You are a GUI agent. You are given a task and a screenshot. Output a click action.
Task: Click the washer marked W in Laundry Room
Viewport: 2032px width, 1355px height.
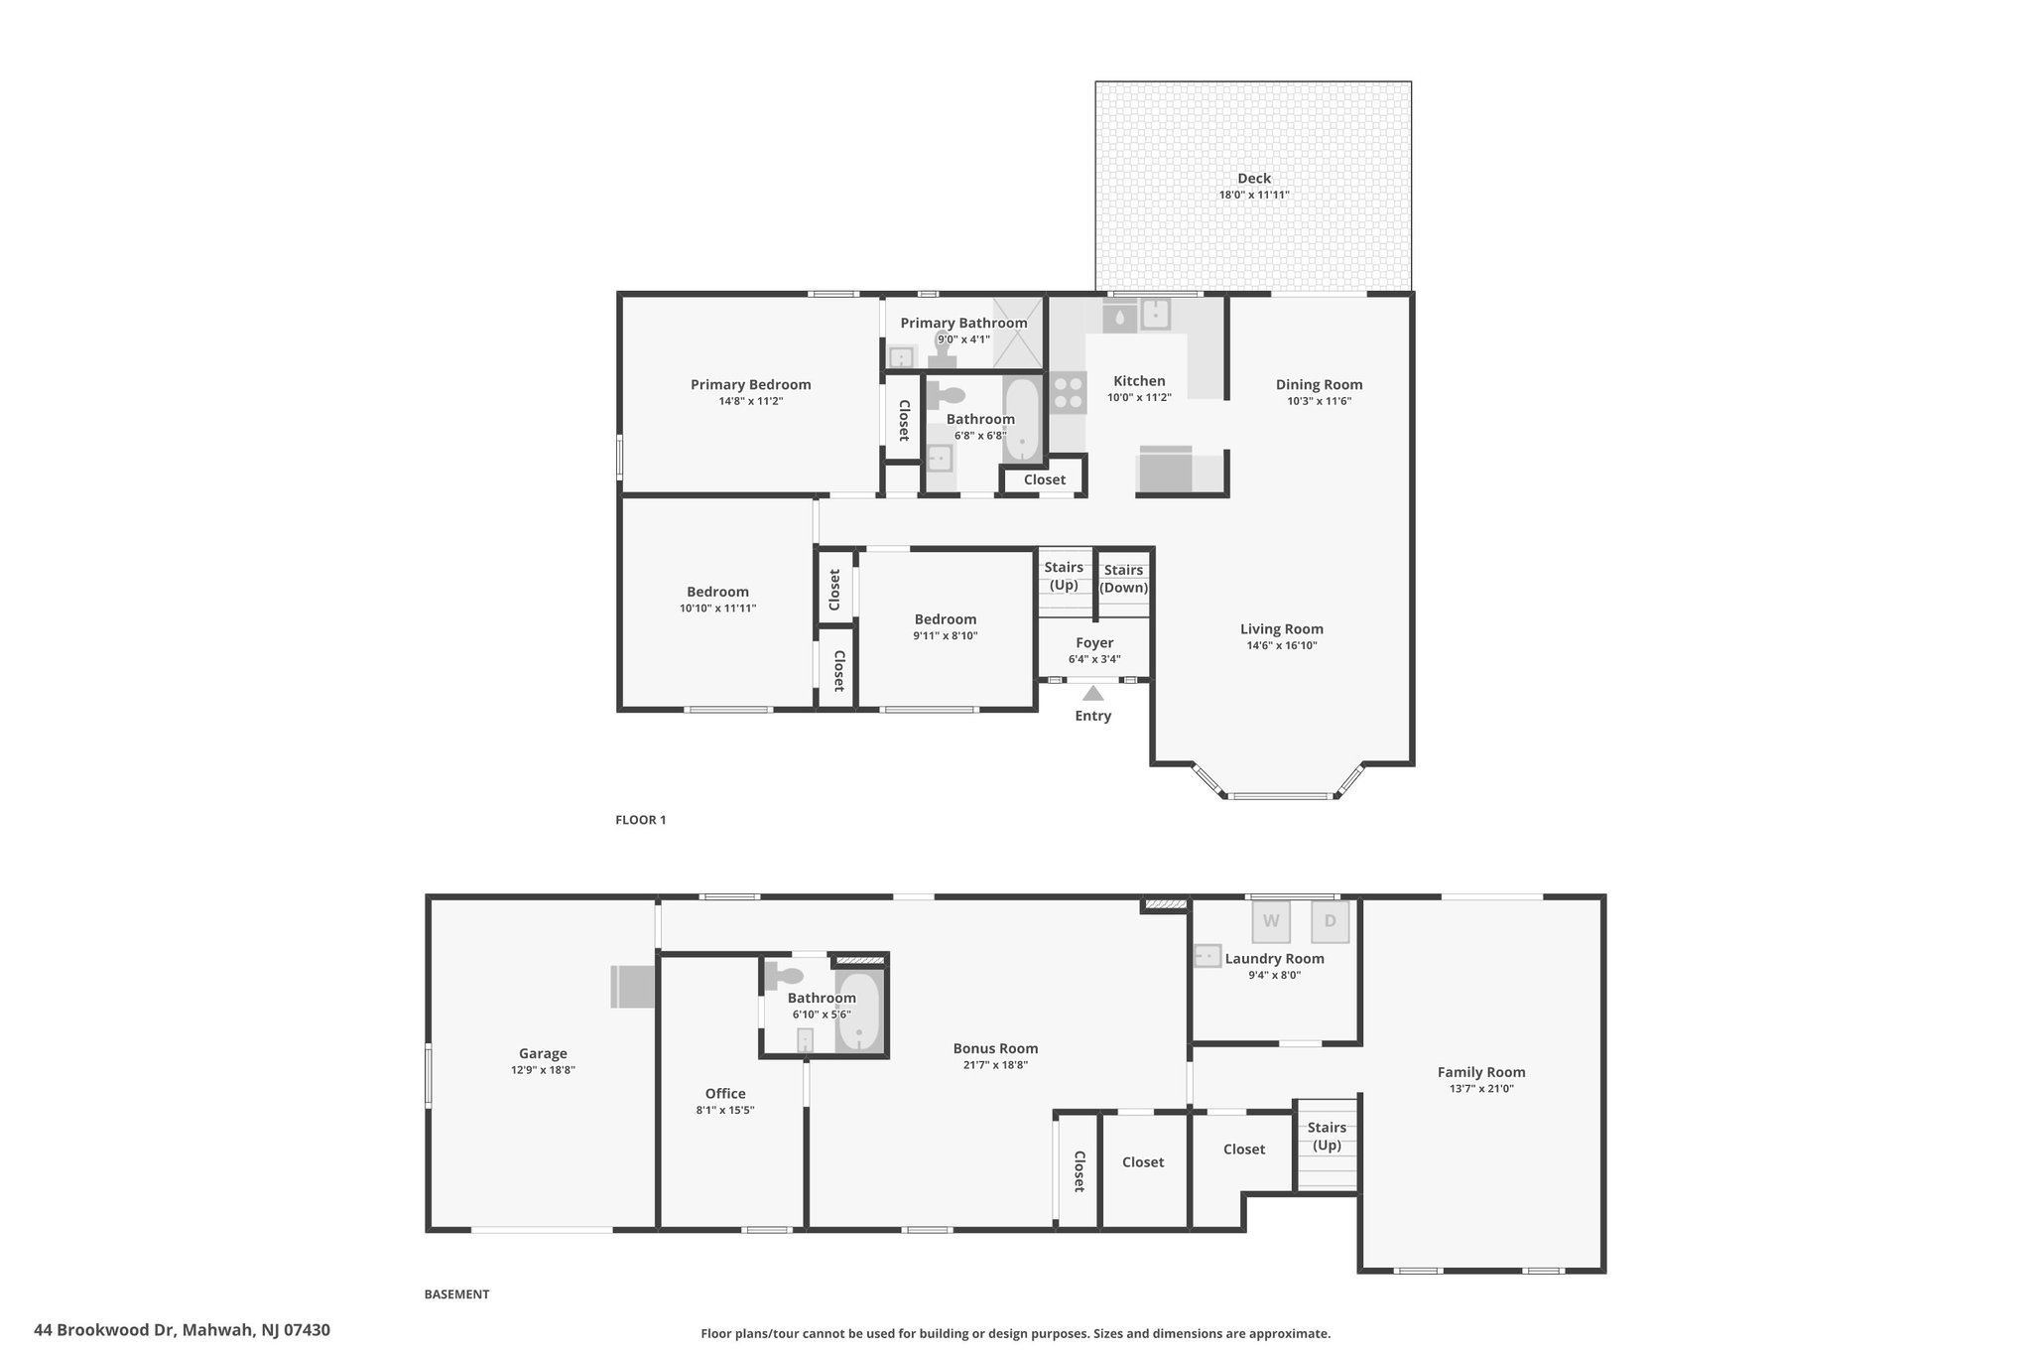pos(1271,921)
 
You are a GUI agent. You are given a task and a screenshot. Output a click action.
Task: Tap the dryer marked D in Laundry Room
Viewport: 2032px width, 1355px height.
pos(1331,921)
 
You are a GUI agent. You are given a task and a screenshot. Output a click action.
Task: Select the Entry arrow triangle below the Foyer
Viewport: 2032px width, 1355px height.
pos(1092,693)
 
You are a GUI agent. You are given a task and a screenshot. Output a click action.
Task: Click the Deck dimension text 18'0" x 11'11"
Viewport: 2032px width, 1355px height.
pos(1254,195)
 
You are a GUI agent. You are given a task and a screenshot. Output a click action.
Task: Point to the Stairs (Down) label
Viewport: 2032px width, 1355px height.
pos(1124,579)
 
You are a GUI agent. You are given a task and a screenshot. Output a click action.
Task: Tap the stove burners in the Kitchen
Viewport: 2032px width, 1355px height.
pos(1068,391)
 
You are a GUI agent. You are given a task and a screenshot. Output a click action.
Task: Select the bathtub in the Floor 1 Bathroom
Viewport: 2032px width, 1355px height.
pos(1021,420)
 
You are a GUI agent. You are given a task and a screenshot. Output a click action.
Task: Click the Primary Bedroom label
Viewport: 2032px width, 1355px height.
pos(751,385)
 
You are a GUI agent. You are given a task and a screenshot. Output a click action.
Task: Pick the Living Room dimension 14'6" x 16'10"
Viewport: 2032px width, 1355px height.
pos(1282,645)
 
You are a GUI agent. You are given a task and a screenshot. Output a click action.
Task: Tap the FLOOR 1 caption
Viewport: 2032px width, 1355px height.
pos(641,820)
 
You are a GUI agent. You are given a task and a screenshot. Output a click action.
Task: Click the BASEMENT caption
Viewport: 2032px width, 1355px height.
pos(456,1294)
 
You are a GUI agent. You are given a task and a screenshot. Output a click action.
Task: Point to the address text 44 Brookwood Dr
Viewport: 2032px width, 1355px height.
pos(106,1330)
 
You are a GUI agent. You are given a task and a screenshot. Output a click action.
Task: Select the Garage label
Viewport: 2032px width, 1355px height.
pos(543,1054)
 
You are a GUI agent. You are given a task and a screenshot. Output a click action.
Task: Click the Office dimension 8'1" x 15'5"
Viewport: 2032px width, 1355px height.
pos(725,1110)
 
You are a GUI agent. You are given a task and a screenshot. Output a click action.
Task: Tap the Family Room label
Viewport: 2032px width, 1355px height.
pos(1481,1072)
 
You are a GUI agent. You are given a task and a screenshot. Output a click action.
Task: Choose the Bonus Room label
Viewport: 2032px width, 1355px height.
pos(995,1048)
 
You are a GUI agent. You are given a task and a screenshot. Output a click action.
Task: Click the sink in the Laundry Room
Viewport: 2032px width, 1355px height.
pos(1206,956)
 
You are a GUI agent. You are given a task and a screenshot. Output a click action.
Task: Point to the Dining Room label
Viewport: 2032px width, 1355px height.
pos(1320,385)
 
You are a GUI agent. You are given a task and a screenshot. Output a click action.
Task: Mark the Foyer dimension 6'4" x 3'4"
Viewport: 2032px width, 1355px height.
pos(1094,659)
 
